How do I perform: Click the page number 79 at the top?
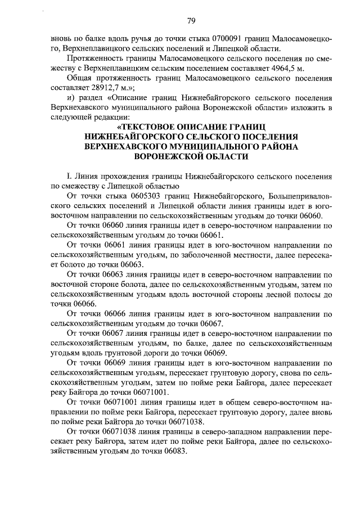tap(191, 21)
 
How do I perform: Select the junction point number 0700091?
tap(226, 39)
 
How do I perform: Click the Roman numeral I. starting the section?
tap(69, 176)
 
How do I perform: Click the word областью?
tap(157, 186)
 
